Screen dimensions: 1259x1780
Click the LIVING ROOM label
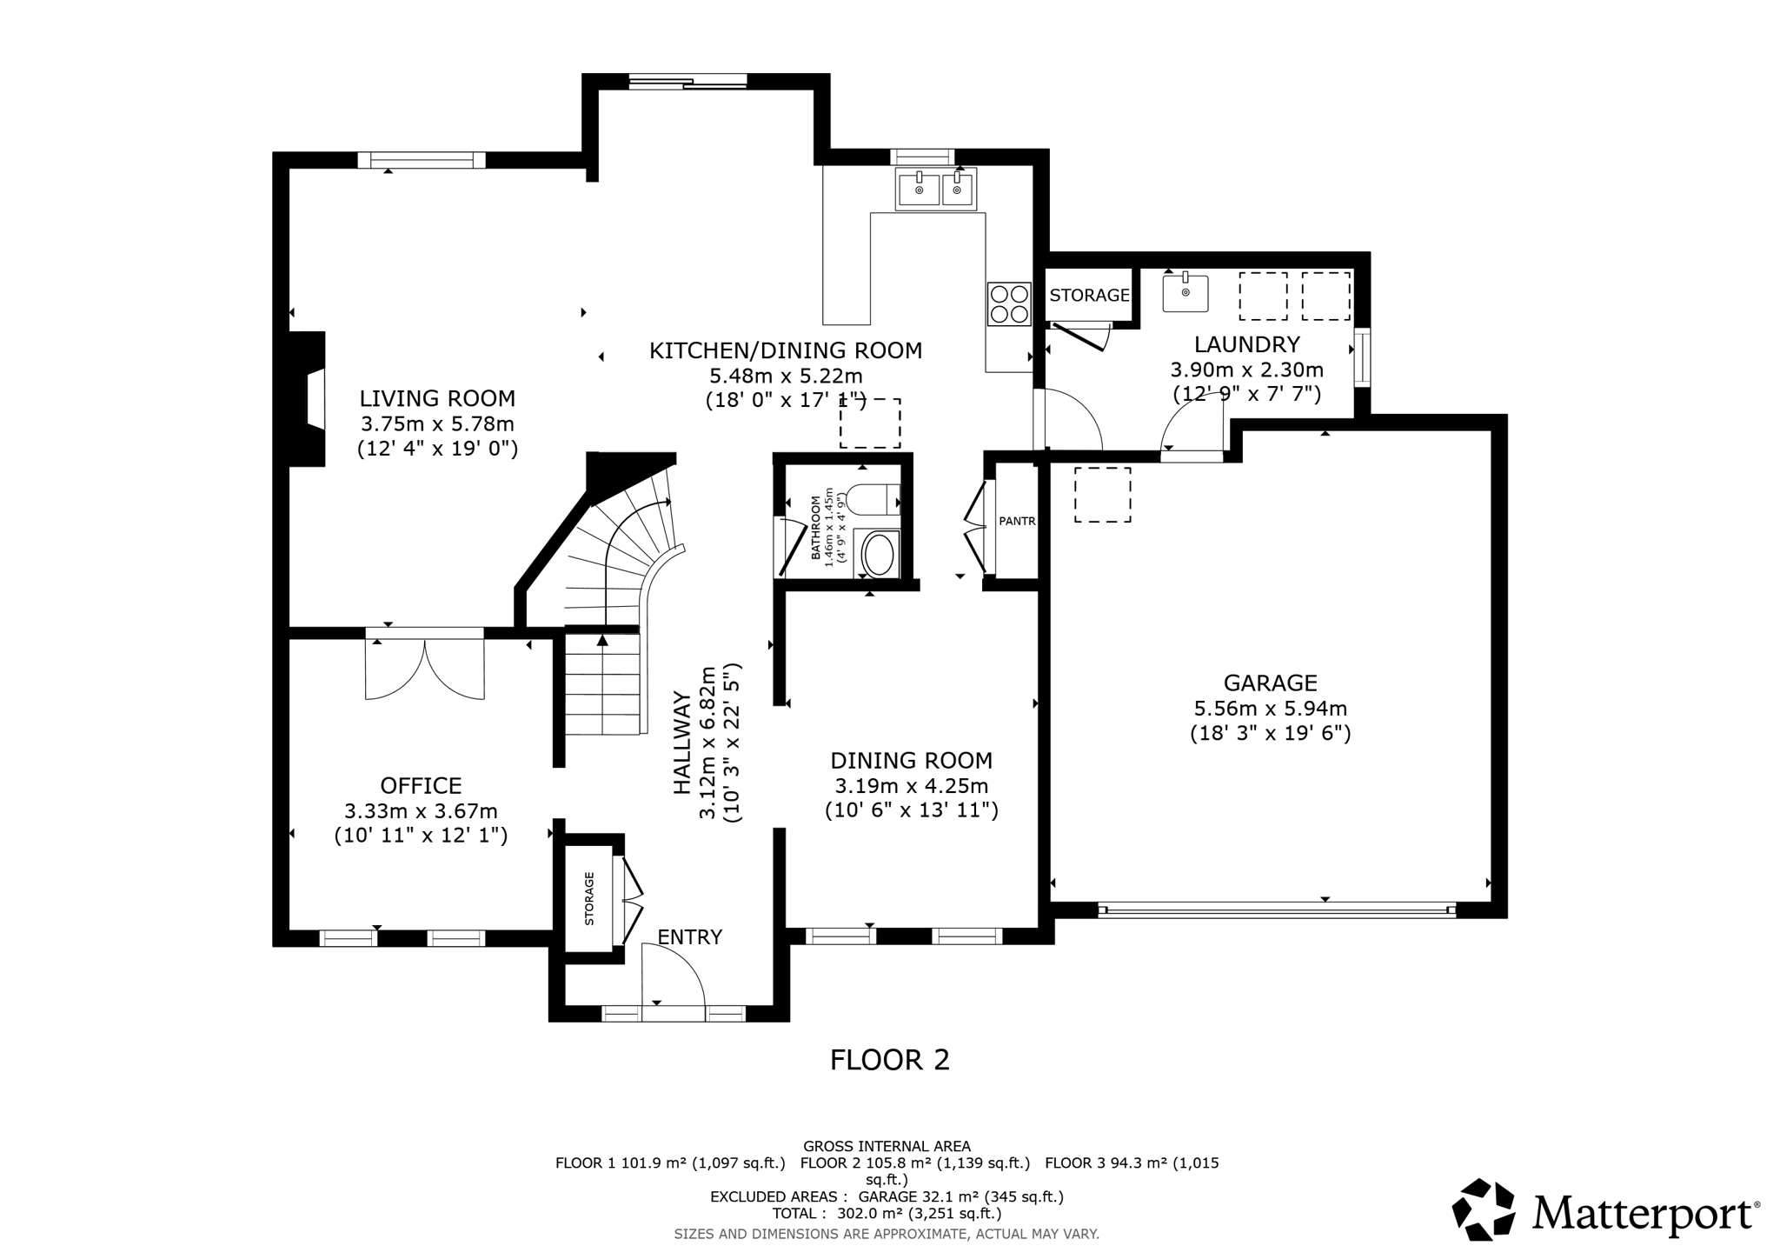click(x=437, y=399)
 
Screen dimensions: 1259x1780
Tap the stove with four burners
click(x=1008, y=304)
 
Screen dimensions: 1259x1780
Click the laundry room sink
click(x=1186, y=293)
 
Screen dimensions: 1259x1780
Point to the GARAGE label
click(x=1270, y=683)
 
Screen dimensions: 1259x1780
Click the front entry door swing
click(x=674, y=975)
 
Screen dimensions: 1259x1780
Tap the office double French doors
click(x=424, y=668)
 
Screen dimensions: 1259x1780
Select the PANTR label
click(x=1017, y=522)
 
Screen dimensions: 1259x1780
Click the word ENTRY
click(x=689, y=937)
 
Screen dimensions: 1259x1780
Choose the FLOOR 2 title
click(x=889, y=1060)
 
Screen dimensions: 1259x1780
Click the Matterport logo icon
click(x=1484, y=1209)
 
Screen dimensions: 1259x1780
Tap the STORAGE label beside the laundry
click(x=1089, y=296)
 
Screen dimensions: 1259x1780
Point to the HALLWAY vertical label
click(x=683, y=743)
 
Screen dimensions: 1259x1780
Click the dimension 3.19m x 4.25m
click(x=911, y=786)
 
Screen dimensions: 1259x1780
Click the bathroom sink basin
click(x=880, y=555)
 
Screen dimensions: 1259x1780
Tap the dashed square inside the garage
click(x=1102, y=495)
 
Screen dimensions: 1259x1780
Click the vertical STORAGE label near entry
click(x=589, y=898)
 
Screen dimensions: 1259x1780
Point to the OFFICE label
click(x=421, y=786)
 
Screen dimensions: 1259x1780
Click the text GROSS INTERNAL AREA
click(x=887, y=1146)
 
